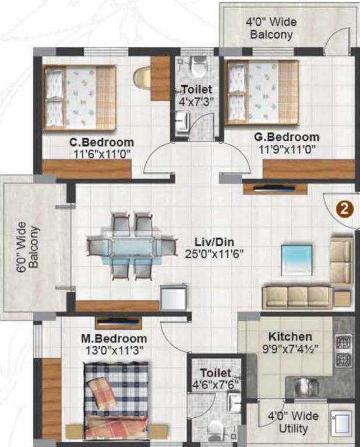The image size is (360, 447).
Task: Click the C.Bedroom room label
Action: click(101, 142)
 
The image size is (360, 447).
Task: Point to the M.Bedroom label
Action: click(114, 339)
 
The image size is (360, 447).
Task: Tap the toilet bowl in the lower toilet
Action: click(216, 429)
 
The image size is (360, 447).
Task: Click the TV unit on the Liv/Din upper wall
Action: click(274, 188)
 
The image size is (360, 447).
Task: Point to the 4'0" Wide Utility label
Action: click(293, 423)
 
